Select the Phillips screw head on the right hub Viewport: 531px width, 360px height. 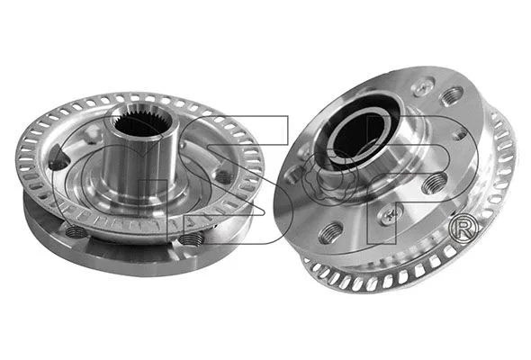point(389,213)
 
